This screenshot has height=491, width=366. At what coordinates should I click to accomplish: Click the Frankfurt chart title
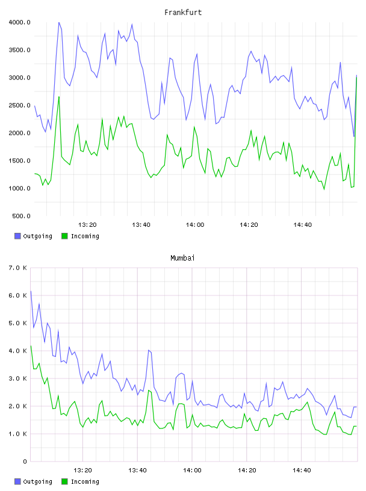coord(183,13)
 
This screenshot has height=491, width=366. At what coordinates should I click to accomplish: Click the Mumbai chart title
coord(182,258)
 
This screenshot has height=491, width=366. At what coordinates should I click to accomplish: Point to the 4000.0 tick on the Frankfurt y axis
coord(19,22)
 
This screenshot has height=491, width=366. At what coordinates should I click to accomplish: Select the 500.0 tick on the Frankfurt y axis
coord(21,216)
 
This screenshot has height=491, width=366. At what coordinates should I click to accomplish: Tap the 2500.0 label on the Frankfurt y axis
coord(19,105)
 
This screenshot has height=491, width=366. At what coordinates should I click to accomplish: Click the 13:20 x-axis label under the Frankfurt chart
coord(87,225)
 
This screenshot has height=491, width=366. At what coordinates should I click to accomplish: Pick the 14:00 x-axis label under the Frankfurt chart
coord(195,225)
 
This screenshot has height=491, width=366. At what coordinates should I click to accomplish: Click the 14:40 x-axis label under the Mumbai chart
coord(302,471)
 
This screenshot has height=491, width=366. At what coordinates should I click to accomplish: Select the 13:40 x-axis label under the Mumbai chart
coord(138,471)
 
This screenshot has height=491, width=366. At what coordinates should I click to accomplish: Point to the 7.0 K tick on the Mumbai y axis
coord(18,268)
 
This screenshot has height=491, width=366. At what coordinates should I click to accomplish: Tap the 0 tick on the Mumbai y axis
coord(25,462)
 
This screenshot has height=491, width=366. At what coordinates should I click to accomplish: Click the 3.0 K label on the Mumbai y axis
coord(18,378)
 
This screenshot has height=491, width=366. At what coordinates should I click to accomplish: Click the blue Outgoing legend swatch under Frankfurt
coord(17,236)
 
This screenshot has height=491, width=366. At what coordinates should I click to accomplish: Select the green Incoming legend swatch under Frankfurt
coord(64,236)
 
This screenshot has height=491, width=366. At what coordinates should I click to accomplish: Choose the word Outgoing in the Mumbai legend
coord(37,481)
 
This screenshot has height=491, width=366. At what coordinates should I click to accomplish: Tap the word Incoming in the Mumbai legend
coord(85,481)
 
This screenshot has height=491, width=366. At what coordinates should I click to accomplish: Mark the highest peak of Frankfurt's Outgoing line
coord(58,22)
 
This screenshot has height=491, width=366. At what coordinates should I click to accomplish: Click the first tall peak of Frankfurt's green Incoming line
coord(58,97)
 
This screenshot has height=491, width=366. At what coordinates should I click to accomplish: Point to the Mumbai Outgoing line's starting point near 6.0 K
coord(31,291)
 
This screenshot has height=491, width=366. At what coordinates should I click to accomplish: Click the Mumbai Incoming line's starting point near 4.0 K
coord(31,346)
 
